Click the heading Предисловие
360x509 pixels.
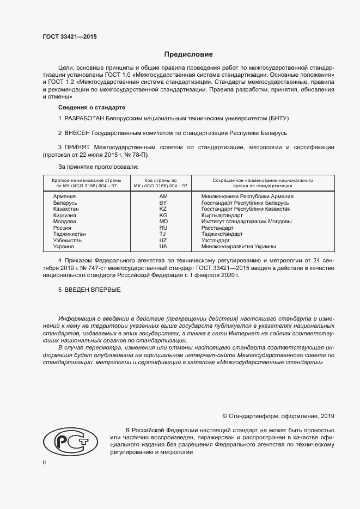pos(189,54)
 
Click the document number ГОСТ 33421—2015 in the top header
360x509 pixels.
pos(69,37)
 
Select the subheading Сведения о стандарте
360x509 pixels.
pos(91,107)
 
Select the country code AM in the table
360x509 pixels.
pos(163,196)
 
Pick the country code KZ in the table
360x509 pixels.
pos(163,209)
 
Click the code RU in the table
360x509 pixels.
pos(163,228)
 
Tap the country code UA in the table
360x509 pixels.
pos(163,247)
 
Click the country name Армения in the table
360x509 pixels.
pos(64,196)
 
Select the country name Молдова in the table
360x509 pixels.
pos(65,222)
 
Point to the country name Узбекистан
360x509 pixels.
pos(68,241)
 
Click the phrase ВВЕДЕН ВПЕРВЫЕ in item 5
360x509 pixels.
pos(93,290)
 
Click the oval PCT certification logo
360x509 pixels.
pos(70,441)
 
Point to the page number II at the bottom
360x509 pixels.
pos(44,462)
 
